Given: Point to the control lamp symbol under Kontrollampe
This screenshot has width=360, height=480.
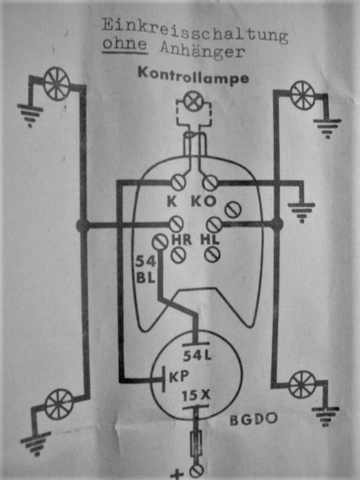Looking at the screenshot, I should point(193,101).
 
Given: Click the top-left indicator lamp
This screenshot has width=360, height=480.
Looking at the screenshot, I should point(57,83).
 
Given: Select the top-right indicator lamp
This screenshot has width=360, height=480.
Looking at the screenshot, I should point(302,94).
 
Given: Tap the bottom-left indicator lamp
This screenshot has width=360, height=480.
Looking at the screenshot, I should point(59,404).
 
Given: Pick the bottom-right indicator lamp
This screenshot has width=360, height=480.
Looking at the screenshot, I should point(302,385).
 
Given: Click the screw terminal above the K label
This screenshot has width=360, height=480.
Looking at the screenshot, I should point(178,182).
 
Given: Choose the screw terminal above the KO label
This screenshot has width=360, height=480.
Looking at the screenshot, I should point(209,182).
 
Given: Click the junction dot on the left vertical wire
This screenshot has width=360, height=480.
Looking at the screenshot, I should point(83,226).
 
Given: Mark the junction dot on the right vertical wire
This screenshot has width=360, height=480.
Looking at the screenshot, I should point(277,224).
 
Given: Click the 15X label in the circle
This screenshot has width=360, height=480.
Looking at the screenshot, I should point(197,397).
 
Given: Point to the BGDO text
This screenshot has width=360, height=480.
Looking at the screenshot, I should point(253,419).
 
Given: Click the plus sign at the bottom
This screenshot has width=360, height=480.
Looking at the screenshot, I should point(176,474).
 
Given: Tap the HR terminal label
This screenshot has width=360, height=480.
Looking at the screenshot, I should point(182,239).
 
